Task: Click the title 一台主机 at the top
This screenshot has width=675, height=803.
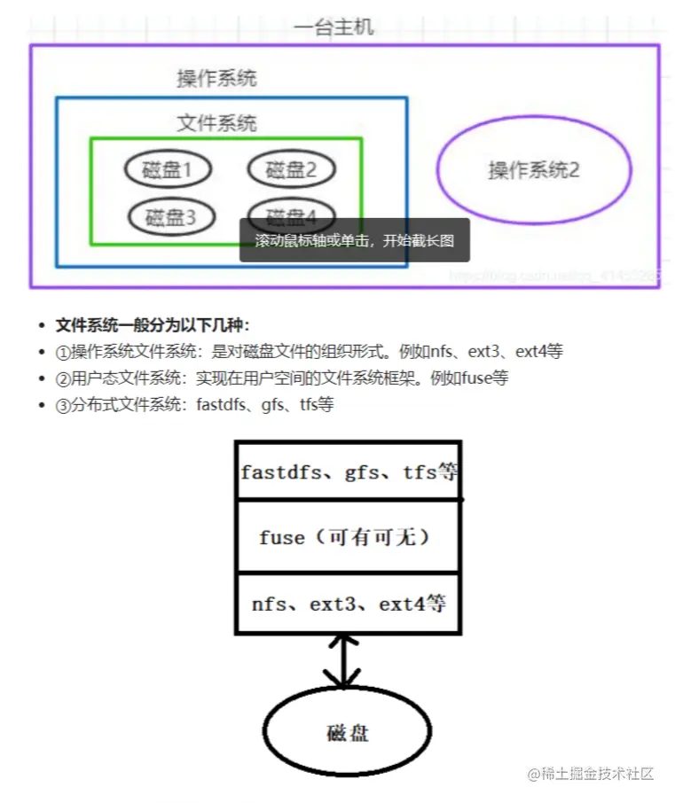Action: click(334, 27)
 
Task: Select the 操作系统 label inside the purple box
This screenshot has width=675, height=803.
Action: click(216, 78)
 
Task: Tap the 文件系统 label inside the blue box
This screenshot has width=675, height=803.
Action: click(216, 123)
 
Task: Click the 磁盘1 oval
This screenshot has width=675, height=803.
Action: click(168, 169)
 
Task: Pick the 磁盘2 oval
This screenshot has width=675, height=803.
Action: click(291, 169)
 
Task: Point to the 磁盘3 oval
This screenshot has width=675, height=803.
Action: click(169, 215)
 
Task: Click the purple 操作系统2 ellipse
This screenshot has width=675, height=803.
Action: click(534, 169)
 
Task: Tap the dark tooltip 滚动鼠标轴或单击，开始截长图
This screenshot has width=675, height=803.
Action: click(354, 240)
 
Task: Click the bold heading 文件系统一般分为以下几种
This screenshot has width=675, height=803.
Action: click(153, 324)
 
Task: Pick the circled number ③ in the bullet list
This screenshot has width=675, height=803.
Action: click(62, 404)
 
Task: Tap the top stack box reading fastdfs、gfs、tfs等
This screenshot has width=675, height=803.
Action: click(348, 472)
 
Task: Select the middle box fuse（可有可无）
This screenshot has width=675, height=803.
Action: click(348, 537)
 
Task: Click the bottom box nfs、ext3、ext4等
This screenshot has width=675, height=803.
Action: click(348, 604)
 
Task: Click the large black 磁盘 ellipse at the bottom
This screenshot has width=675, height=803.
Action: click(347, 732)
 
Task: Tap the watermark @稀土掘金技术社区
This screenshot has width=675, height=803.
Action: click(590, 773)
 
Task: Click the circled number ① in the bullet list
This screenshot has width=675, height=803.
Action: click(62, 351)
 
